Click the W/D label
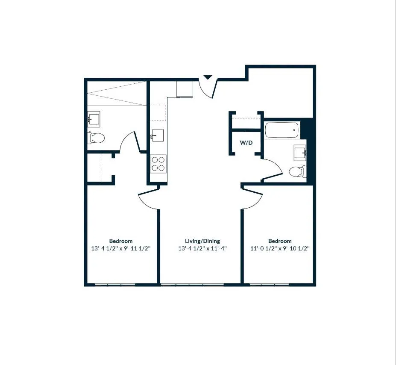click(246, 143)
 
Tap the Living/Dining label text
click(202, 241)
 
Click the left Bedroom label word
click(120, 241)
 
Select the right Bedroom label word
click(280, 241)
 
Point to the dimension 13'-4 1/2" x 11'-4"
click(202, 248)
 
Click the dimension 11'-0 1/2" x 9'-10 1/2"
click(280, 248)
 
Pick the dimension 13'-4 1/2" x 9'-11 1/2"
click(120, 248)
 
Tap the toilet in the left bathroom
click(97, 138)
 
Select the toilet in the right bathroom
click(297, 171)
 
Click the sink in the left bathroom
click(94, 118)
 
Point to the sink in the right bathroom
click(300, 152)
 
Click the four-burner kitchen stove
click(158, 164)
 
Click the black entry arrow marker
click(208, 77)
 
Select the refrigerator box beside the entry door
click(185, 88)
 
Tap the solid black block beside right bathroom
click(311, 150)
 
